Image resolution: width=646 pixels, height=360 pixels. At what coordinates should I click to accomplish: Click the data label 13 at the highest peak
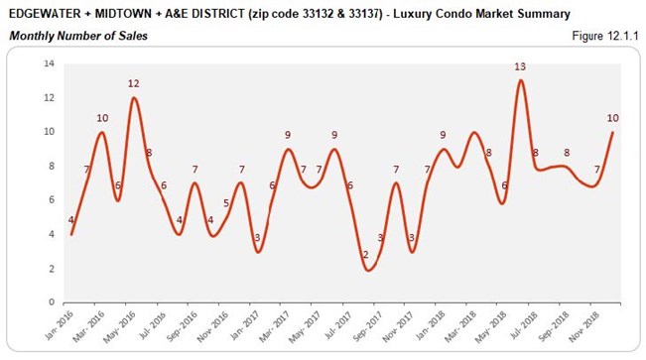coord(520,66)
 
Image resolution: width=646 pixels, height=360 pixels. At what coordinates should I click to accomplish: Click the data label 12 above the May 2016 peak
coord(133,83)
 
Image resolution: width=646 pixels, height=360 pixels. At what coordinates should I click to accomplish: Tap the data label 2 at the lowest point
coord(365,255)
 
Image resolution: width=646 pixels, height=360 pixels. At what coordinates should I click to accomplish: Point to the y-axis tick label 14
coord(48,63)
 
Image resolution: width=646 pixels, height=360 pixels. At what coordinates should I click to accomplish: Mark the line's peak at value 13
coord(521,80)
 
